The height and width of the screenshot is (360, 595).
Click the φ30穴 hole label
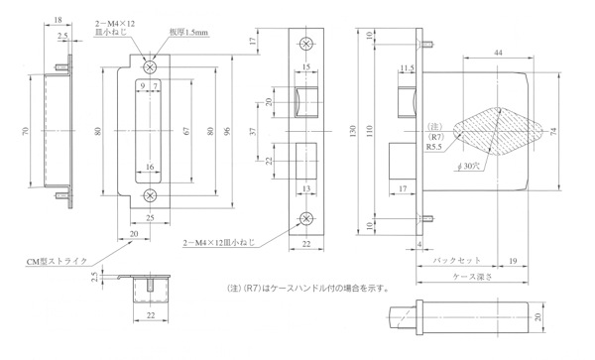tap(469, 167)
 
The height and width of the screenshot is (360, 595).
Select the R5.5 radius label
tap(434, 147)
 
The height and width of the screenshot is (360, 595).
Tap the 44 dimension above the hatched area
tap(498, 53)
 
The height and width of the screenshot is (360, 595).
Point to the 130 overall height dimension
tap(353, 131)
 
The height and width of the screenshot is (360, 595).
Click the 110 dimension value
tap(370, 131)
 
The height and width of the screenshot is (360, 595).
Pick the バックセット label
tap(457, 261)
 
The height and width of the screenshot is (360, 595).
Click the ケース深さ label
tap(472, 277)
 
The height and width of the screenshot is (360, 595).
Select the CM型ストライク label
tap(57, 262)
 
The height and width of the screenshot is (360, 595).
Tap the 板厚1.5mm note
tap(188, 33)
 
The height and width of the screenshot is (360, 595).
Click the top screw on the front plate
tap(306, 44)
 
